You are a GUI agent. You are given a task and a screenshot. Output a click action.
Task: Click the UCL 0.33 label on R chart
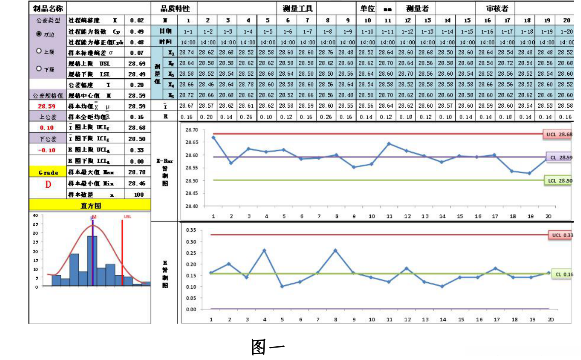point(560,235)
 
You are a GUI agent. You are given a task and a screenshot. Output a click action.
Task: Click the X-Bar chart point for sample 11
point(389,144)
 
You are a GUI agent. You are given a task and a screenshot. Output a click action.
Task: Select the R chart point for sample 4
point(265,251)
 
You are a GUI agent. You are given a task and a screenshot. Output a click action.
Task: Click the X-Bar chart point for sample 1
point(213,137)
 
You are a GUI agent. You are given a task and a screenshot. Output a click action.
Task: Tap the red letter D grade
point(48,184)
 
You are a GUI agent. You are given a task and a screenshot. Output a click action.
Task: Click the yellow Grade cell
point(48,172)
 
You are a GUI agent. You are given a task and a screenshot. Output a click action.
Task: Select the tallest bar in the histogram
point(92,260)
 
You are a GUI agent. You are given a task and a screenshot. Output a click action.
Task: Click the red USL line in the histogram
point(122,252)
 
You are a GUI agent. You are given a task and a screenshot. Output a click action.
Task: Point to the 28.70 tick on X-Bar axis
point(192,130)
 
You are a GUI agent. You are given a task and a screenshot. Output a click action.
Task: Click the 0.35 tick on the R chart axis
point(191,230)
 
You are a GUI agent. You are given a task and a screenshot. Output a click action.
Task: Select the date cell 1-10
point(367,31)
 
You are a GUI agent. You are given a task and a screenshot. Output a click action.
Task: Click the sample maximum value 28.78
point(137,172)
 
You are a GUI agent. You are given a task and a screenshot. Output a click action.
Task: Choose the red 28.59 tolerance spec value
point(47,106)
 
